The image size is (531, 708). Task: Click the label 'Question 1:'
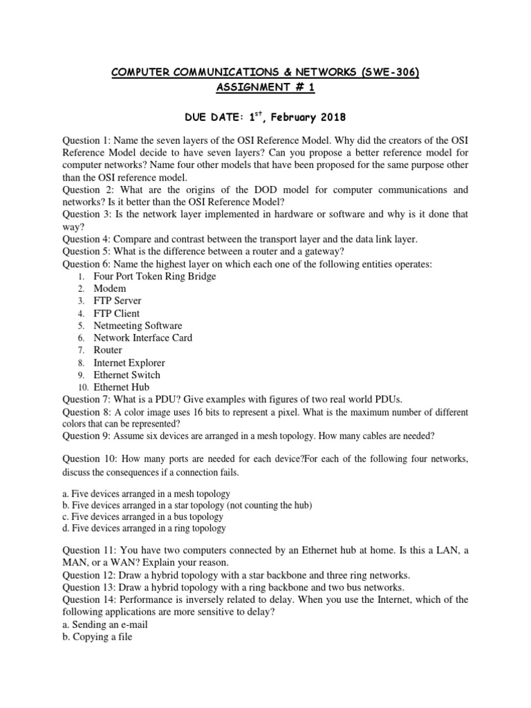click(x=86, y=141)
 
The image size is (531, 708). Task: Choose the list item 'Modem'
click(x=110, y=288)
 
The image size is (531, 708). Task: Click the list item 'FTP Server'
click(x=118, y=301)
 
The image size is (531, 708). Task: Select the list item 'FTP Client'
click(x=116, y=313)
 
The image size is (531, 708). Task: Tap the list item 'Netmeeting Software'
click(x=138, y=326)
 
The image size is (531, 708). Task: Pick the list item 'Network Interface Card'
click(x=142, y=338)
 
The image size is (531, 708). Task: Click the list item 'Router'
click(x=108, y=350)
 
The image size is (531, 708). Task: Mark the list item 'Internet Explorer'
click(x=129, y=362)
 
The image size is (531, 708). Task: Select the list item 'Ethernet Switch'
click(x=127, y=375)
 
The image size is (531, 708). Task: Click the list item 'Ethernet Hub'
click(x=121, y=387)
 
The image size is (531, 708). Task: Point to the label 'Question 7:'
click(x=86, y=400)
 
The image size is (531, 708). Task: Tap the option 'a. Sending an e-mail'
click(x=105, y=624)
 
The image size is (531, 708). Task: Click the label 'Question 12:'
click(x=89, y=575)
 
